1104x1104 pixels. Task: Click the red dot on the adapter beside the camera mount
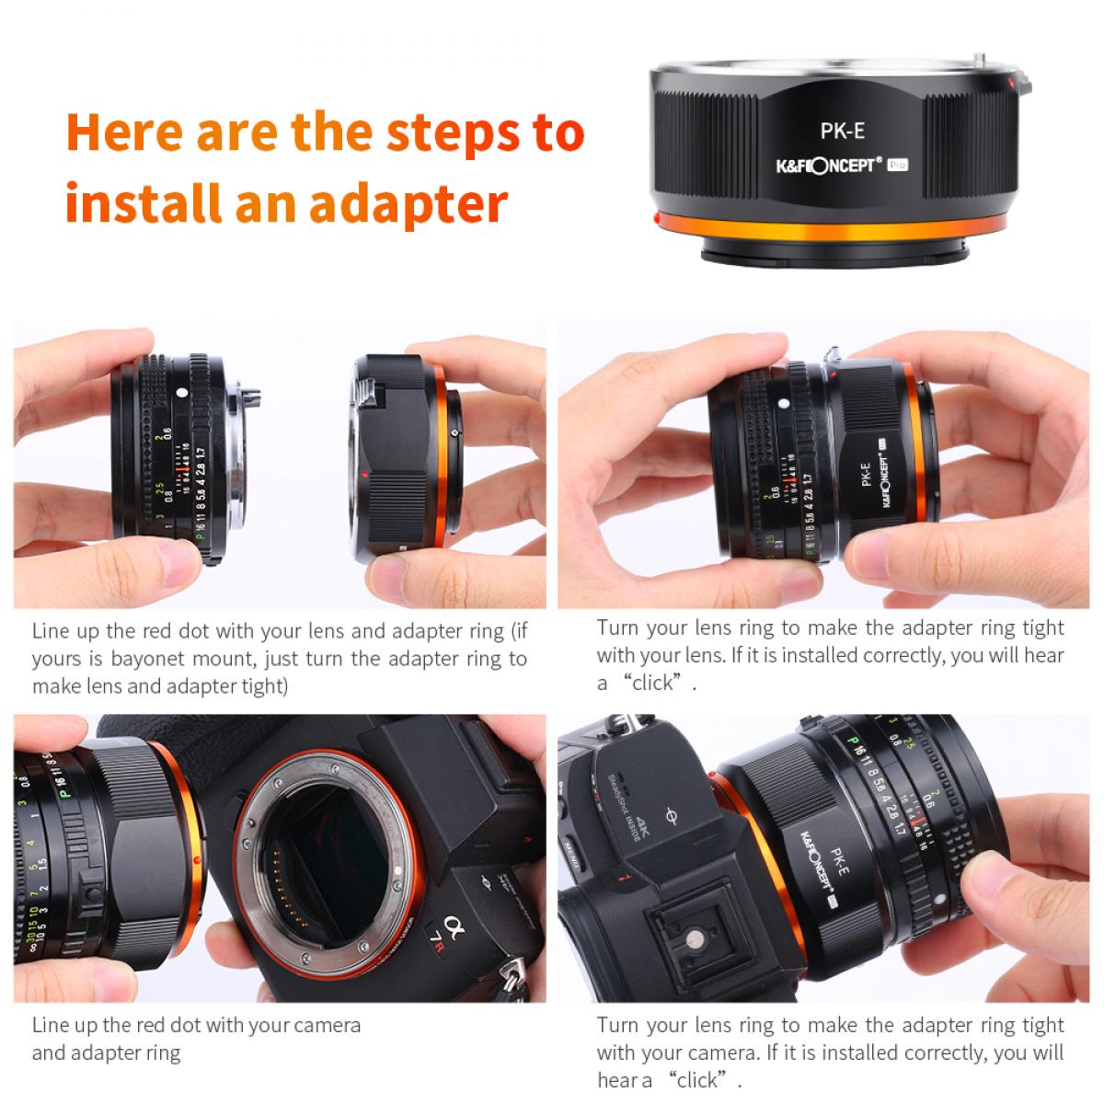pos(198,860)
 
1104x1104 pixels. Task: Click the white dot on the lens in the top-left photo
pos(181,394)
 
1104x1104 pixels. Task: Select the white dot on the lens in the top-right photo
pos(781,403)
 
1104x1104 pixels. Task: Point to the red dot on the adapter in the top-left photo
pos(365,475)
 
